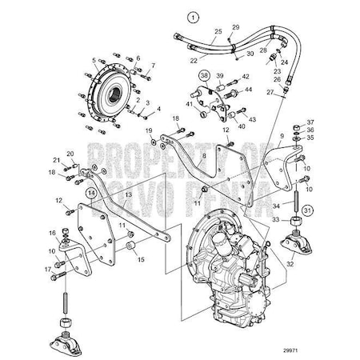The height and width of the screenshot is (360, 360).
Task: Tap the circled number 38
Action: pyautogui.click(x=204, y=77)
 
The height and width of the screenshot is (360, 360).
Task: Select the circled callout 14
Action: pyautogui.click(x=92, y=193)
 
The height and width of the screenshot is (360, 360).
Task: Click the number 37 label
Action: pyautogui.click(x=310, y=122)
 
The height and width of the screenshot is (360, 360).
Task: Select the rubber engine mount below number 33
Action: pyautogui.click(x=294, y=238)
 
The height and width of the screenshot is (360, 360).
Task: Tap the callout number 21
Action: pyautogui.click(x=56, y=160)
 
